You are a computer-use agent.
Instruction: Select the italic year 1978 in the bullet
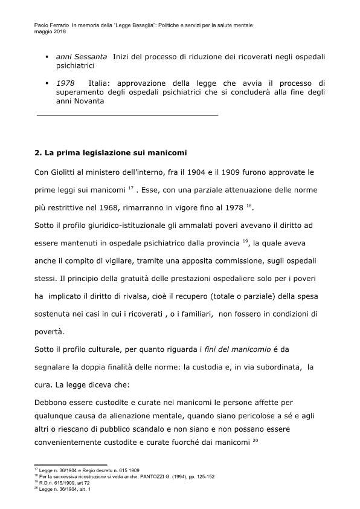65,83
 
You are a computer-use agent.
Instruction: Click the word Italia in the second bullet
101,83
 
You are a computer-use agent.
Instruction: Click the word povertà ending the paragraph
51,332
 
